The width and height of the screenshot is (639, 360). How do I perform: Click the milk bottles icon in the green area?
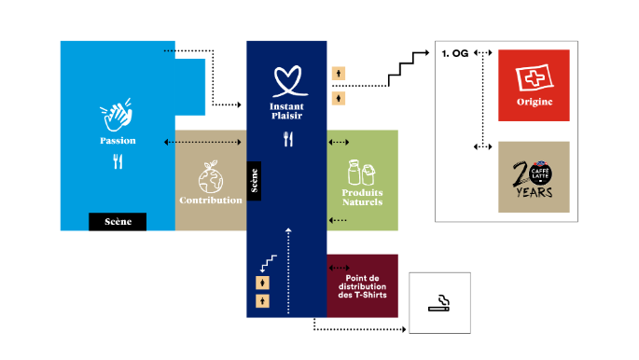pyautogui.click(x=361, y=173)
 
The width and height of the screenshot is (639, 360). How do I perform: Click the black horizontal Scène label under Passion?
pyautogui.click(x=118, y=222)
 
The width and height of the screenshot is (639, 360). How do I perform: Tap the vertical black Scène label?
pyautogui.click(x=254, y=179)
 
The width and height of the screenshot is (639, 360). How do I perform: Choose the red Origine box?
pyautogui.click(x=534, y=85)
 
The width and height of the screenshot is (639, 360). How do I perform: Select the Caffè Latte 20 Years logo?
pyautogui.click(x=534, y=175)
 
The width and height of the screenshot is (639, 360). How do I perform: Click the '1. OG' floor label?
pyautogui.click(x=454, y=55)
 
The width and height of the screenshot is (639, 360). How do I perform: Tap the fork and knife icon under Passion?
pyautogui.click(x=118, y=161)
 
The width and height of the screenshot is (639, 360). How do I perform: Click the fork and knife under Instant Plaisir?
pyautogui.click(x=287, y=140)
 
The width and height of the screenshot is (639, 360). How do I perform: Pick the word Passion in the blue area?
pyautogui.click(x=118, y=141)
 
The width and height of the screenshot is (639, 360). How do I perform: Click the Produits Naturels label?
pyautogui.click(x=362, y=198)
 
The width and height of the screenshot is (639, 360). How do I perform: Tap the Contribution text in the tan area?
pyautogui.click(x=211, y=201)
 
